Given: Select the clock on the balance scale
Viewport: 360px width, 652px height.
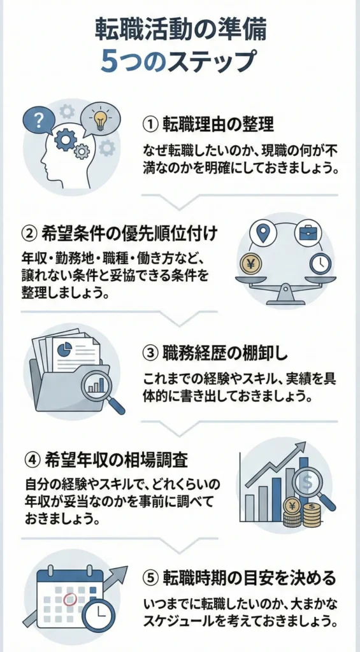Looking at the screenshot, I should pyautogui.click(x=319, y=263).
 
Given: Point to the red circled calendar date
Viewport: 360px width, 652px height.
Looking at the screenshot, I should pyautogui.click(x=70, y=599).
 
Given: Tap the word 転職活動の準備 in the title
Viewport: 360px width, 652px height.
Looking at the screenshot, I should pyautogui.click(x=180, y=29).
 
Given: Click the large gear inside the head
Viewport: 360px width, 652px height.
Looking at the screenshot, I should pyautogui.click(x=66, y=139).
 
